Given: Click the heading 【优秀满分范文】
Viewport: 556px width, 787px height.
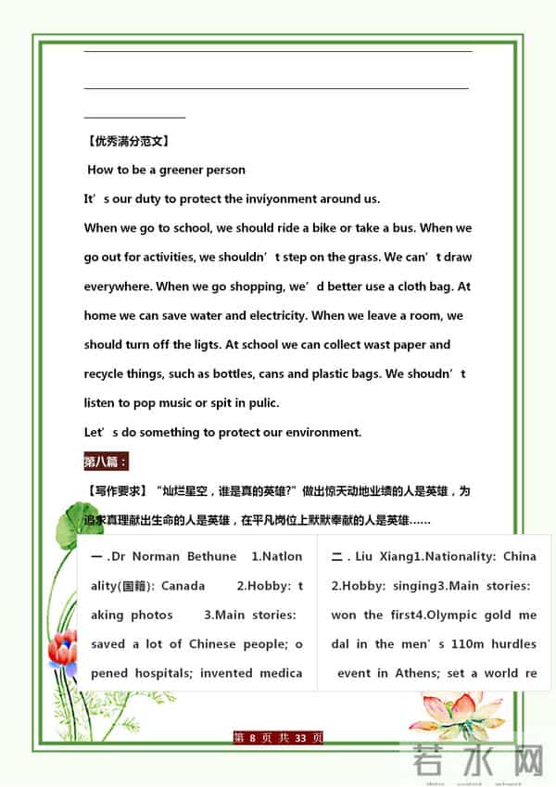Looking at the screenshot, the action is pyautogui.click(x=126, y=142).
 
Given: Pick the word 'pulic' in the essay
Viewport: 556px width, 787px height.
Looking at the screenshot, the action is pyautogui.click(x=258, y=402).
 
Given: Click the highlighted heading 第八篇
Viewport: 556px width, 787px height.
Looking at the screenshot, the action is pyautogui.click(x=106, y=461).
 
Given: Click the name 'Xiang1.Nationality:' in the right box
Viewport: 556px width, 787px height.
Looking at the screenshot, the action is pyautogui.click(x=436, y=557).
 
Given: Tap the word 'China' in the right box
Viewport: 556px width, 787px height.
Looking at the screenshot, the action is pyautogui.click(x=519, y=557).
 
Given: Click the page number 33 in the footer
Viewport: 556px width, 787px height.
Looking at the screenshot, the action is pyautogui.click(x=299, y=739).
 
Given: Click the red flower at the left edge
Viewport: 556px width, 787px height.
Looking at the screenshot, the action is pyautogui.click(x=62, y=650).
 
